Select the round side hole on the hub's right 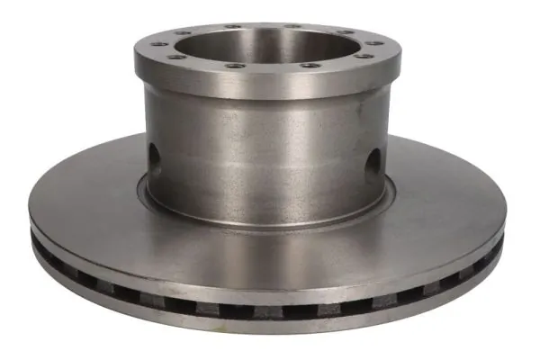click(x=372, y=163)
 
